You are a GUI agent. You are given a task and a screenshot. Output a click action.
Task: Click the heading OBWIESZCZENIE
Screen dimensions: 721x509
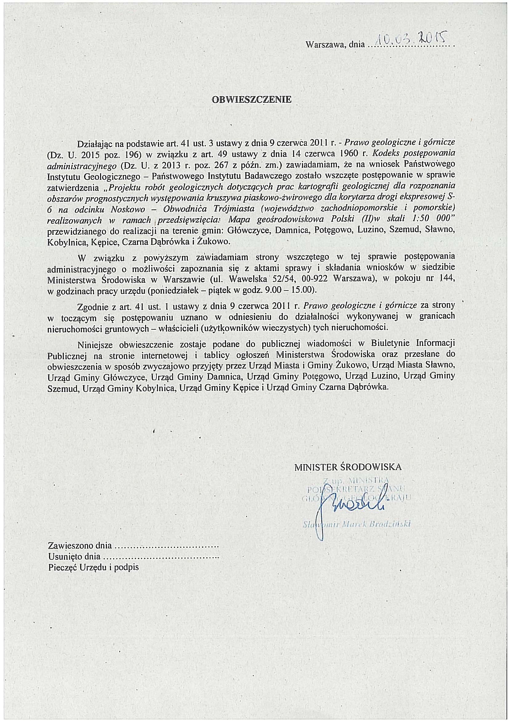tap(252, 100)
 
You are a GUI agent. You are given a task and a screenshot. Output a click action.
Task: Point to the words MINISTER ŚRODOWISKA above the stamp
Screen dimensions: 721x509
tap(348, 467)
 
